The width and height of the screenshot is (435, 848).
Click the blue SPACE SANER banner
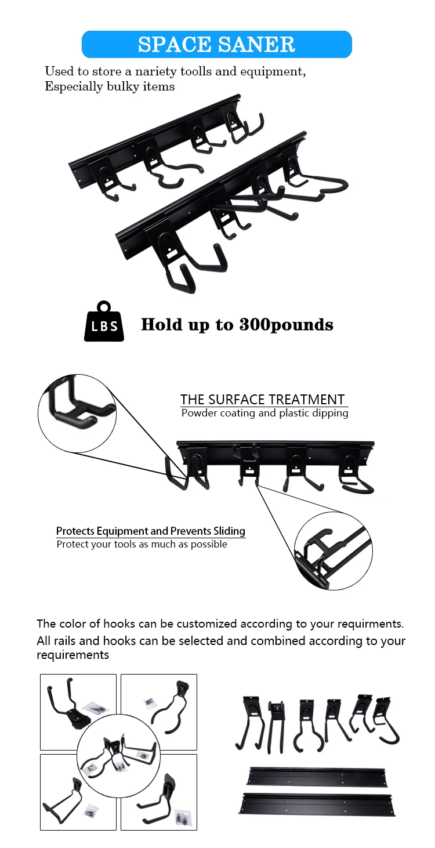217,44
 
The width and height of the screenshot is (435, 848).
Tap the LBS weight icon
104,322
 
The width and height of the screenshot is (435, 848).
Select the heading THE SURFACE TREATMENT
262,400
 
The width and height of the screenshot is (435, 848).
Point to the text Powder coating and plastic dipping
264,414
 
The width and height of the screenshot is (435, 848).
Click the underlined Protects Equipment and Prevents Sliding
151,531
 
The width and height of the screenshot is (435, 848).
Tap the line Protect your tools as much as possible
142,545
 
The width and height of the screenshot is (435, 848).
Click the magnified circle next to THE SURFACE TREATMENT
77,413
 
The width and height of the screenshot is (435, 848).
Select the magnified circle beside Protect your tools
333,550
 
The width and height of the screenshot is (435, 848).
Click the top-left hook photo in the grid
64,699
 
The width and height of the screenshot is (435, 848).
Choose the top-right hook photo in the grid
171,696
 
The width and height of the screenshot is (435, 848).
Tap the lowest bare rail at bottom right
317,804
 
